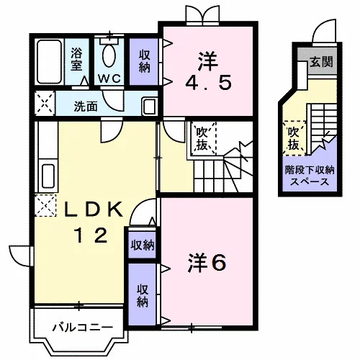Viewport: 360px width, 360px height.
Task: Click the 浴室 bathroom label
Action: tap(76, 59)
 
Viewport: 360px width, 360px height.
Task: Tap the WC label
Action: tap(109, 78)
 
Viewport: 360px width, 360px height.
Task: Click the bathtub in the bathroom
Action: tap(50, 61)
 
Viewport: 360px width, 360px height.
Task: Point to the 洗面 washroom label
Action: tap(86, 106)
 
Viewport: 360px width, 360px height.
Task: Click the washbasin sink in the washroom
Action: tap(150, 106)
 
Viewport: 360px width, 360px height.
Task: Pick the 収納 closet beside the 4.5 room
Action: tap(144, 61)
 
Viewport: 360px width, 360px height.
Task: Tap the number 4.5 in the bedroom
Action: tap(208, 83)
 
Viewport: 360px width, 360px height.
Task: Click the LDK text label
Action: tap(94, 210)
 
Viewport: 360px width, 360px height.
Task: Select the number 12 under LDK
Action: tap(91, 235)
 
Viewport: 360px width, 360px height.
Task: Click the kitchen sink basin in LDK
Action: tap(48, 176)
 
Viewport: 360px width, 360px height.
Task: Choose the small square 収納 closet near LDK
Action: tap(143, 245)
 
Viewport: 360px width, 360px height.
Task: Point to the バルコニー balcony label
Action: tap(83, 327)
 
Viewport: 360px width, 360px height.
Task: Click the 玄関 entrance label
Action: tap(322, 62)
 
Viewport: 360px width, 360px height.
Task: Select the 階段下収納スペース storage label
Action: tap(310, 176)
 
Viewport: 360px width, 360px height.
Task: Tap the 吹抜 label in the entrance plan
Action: tap(294, 138)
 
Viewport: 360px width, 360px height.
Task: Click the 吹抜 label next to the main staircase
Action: tap(202, 139)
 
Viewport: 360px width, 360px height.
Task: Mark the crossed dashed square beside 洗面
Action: tap(45, 103)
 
